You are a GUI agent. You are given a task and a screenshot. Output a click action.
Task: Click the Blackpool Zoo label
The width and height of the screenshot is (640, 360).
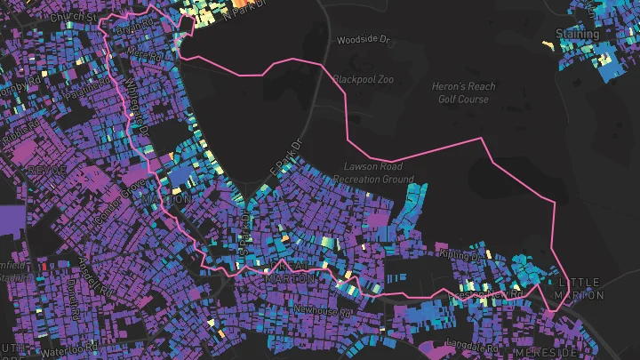[x=361, y=78]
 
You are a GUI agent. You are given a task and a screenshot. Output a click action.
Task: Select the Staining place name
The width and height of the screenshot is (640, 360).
[x=577, y=34]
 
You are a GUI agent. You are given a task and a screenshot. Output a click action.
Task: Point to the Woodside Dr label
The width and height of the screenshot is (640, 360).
[x=364, y=40]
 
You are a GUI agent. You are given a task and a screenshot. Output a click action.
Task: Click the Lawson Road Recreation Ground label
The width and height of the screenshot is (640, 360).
[x=380, y=172]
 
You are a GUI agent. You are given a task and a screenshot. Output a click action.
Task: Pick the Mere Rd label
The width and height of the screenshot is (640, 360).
[x=145, y=54]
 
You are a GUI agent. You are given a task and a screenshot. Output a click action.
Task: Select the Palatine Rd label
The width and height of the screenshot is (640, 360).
[x=78, y=89]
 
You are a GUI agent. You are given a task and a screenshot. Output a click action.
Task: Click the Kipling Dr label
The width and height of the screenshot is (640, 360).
[x=460, y=255]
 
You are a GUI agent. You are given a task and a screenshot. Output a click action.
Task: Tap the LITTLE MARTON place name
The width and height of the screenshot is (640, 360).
[x=579, y=288]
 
